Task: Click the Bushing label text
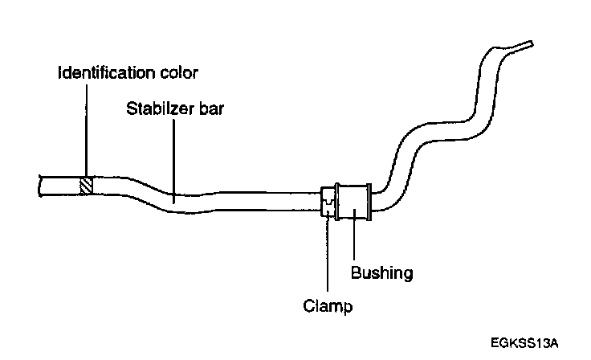[x=381, y=273]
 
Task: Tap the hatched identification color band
[x=86, y=186]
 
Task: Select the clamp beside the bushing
[x=328, y=202]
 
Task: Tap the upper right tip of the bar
[x=526, y=43]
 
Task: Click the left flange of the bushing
[x=338, y=202]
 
